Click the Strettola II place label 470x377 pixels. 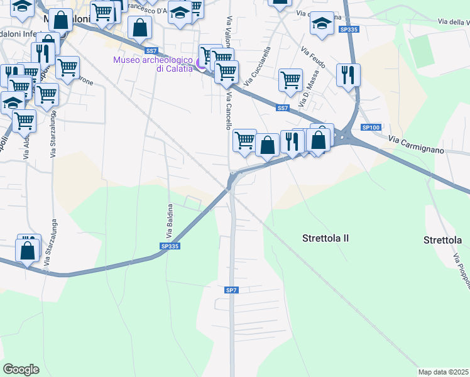(325, 239)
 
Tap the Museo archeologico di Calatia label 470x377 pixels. (152, 64)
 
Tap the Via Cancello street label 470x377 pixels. (229, 111)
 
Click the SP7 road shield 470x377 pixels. (231, 290)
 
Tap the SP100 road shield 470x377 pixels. (371, 128)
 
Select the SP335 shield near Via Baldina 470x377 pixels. (170, 246)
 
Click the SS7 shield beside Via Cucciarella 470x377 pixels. (282, 108)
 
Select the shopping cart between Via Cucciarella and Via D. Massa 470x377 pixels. (290, 80)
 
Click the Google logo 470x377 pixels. (20, 369)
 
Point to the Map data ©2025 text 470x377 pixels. (443, 371)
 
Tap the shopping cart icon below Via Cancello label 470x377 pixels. (244, 139)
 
